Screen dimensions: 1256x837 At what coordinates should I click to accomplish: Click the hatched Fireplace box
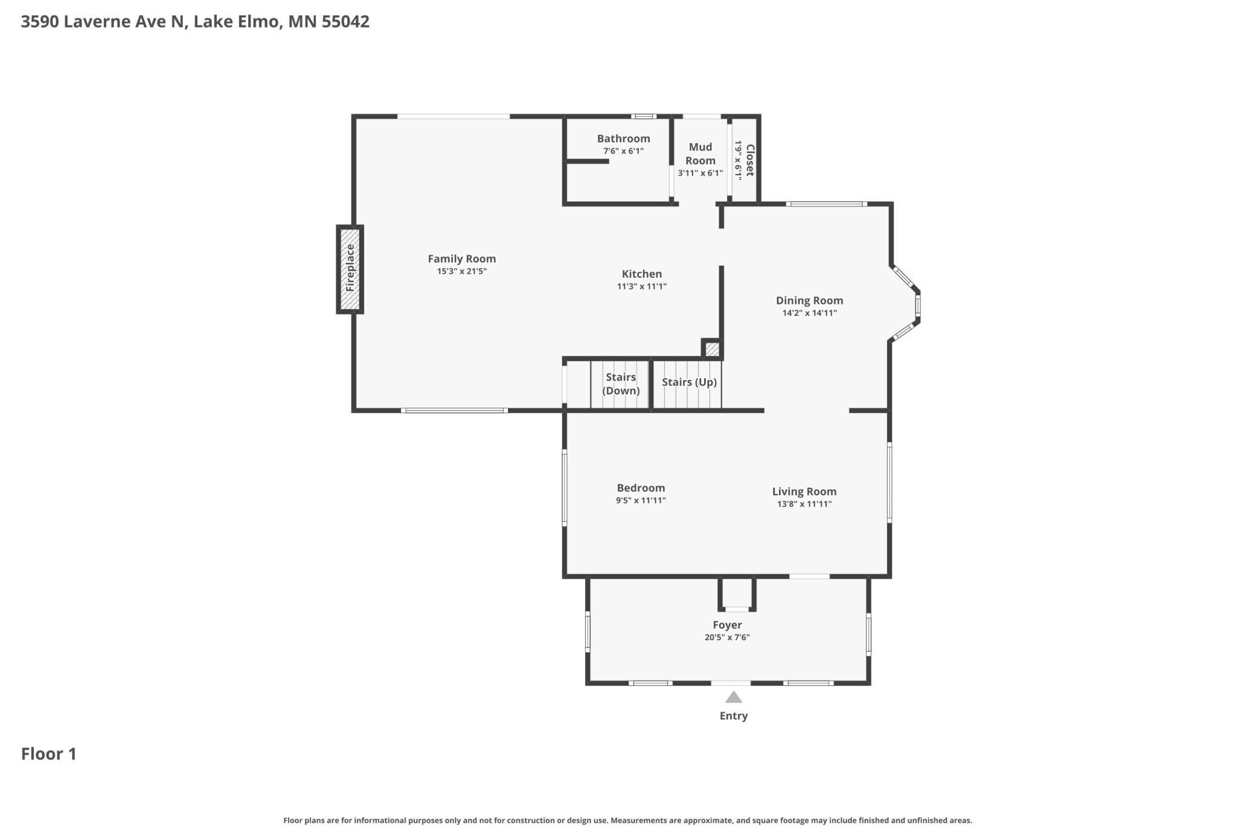click(350, 269)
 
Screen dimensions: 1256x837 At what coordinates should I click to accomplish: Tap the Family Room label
click(462, 258)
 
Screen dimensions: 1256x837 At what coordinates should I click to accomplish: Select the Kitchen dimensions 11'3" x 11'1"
click(642, 286)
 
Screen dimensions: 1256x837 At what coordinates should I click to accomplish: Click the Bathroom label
click(624, 138)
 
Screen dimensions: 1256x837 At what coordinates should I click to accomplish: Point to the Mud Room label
click(700, 153)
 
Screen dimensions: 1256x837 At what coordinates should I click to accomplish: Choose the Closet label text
click(750, 160)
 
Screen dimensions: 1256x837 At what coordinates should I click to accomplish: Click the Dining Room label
click(810, 300)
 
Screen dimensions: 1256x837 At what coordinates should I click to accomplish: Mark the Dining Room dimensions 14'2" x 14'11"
click(810, 313)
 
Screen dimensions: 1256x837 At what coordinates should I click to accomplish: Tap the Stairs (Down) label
click(621, 383)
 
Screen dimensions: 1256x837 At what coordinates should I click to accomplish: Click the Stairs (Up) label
click(689, 382)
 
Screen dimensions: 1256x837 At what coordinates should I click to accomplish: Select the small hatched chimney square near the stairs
click(713, 349)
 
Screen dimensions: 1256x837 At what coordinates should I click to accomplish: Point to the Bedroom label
click(641, 487)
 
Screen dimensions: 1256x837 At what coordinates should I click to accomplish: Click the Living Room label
click(804, 491)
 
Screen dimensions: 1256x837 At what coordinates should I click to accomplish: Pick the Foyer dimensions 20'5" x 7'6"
click(727, 637)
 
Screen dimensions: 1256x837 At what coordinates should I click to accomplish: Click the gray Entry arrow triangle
click(734, 697)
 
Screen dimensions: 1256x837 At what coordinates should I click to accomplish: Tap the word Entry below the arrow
click(734, 716)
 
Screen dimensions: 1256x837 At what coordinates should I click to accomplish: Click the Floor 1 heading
click(49, 754)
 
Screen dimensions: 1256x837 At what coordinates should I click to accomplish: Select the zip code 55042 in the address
click(345, 22)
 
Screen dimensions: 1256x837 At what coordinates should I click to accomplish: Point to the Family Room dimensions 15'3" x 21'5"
click(462, 271)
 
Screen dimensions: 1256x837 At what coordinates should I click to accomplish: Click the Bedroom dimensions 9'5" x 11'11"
click(641, 500)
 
